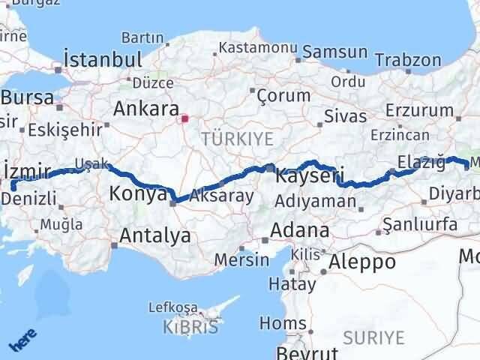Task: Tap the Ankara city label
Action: coord(145,109)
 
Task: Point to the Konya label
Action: coord(137,194)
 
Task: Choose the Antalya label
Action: coord(155,235)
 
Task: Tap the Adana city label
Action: coord(301,230)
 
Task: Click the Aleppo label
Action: coord(362,262)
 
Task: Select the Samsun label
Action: coord(336,53)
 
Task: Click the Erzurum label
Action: coord(414,111)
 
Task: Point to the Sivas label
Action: coord(345,116)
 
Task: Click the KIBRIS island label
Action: coord(191,326)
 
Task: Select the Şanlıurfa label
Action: coord(419,223)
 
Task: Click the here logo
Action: coord(22,341)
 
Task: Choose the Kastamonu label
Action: coord(252,48)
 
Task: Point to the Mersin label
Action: coord(241,259)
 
